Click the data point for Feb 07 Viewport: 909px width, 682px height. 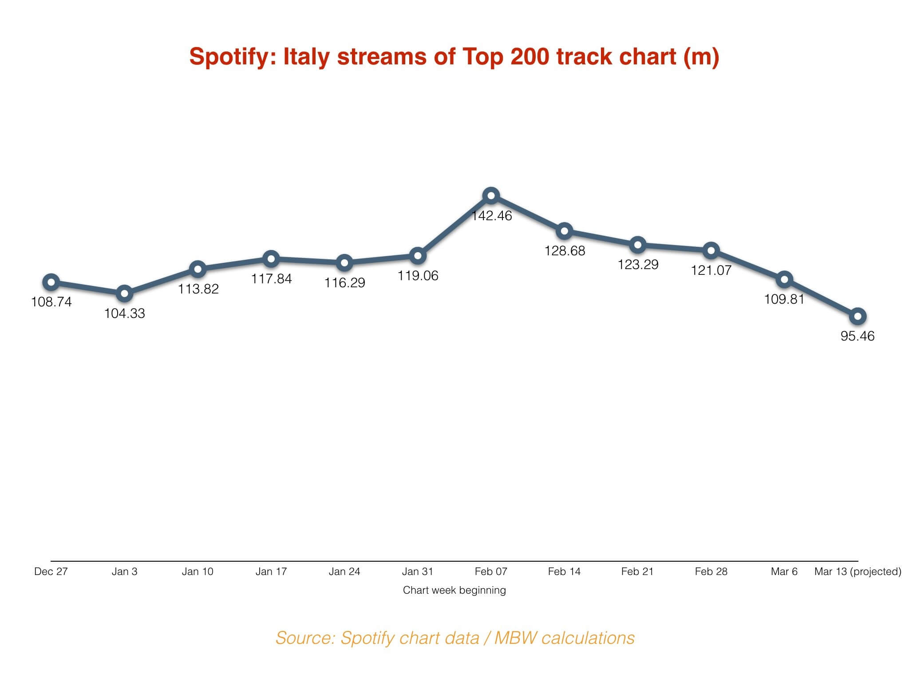click(491, 195)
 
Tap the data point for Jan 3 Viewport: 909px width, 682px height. click(124, 293)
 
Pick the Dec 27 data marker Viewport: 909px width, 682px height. click(51, 282)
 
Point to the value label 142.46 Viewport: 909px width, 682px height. click(491, 216)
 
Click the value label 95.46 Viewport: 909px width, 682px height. click(858, 336)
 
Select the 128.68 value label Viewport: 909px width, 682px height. click(565, 251)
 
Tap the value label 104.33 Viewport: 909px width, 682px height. click(124, 313)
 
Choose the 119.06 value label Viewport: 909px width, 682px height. click(418, 276)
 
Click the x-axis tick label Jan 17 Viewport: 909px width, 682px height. click(271, 571)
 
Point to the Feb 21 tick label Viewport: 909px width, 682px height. click(637, 571)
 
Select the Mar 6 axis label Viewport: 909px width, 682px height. click(784, 571)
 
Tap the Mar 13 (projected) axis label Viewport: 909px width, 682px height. click(858, 571)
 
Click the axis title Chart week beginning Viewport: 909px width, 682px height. click(454, 590)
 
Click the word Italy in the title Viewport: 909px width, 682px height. click(307, 57)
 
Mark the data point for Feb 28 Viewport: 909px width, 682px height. click(711, 250)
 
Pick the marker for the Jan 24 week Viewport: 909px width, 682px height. click(344, 262)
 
